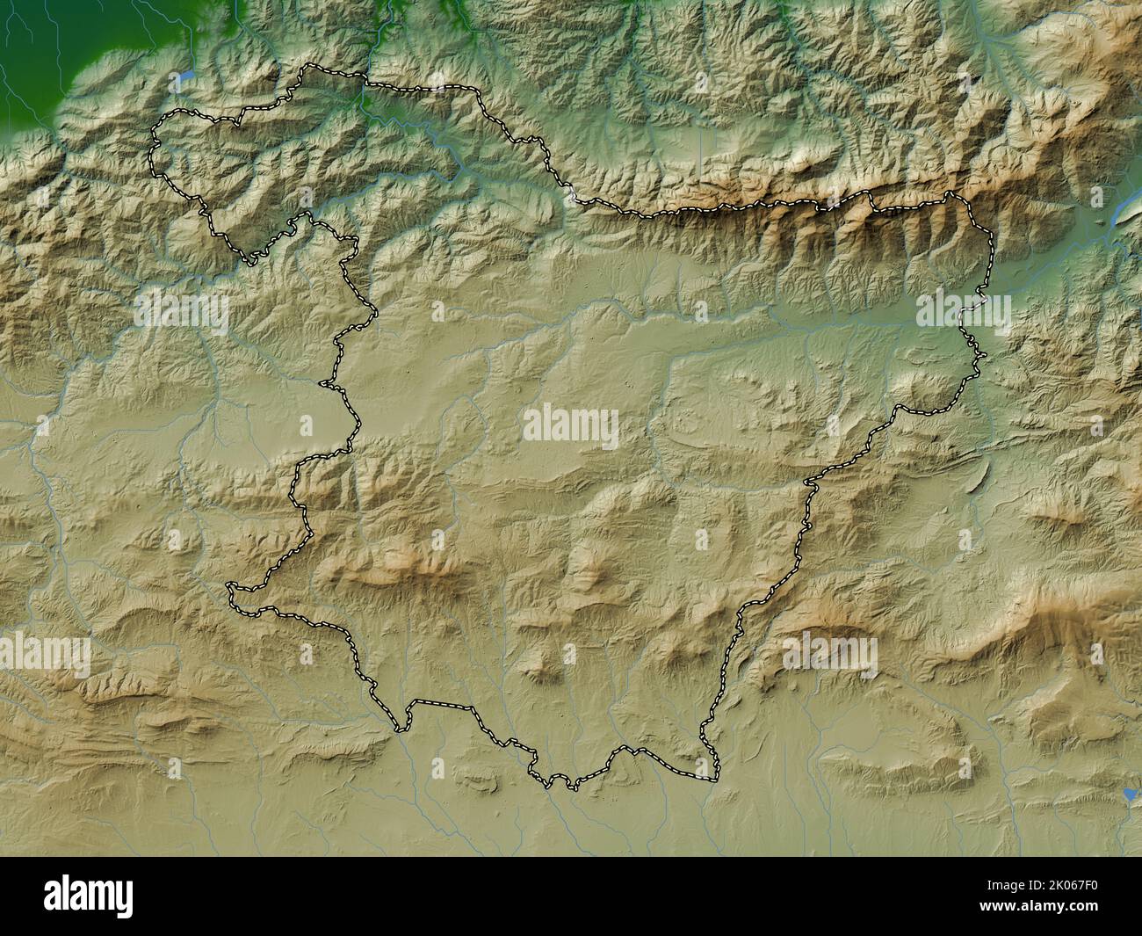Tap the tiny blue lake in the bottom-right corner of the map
1129,795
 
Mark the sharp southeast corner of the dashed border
716,779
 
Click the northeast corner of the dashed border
954,192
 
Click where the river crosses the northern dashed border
365,83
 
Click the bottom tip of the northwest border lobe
252,261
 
